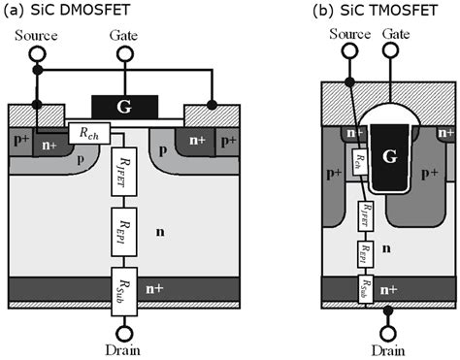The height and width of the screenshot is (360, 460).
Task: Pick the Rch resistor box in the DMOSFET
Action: click(89, 132)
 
